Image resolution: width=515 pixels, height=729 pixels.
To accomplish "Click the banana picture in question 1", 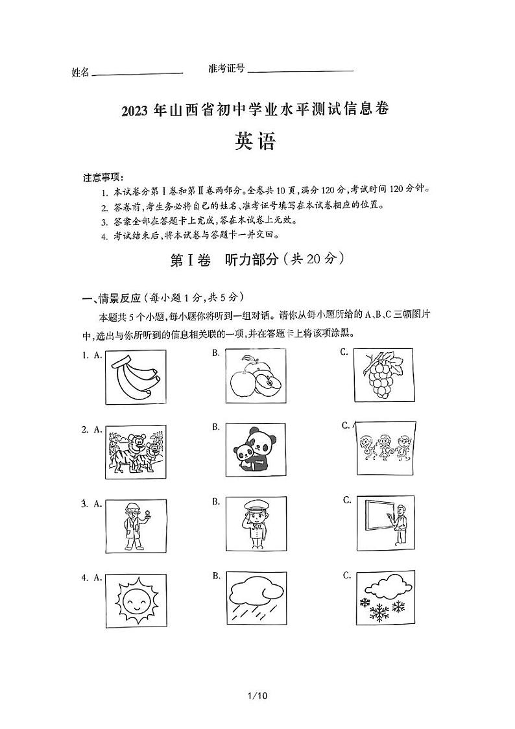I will pyautogui.click(x=136, y=377).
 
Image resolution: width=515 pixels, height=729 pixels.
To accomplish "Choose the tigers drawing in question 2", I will pyautogui.click(x=136, y=453).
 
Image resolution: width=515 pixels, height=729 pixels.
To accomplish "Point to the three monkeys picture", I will pyautogui.click(x=383, y=448).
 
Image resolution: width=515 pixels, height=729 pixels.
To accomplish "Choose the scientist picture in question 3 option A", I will pyautogui.click(x=136, y=526).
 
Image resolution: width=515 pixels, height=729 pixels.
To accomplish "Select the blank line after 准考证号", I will pyautogui.click(x=300, y=71).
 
